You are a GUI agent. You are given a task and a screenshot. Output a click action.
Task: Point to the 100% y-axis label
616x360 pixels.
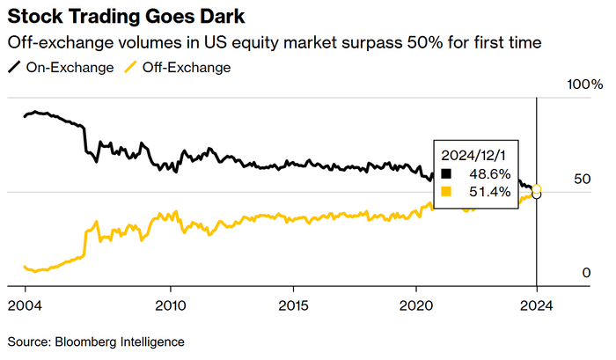(584, 85)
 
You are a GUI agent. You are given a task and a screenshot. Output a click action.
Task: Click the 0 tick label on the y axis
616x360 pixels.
(585, 273)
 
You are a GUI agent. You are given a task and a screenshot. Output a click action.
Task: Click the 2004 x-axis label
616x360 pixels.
(25, 306)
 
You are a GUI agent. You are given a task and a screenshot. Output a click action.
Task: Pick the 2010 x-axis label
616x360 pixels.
(171, 306)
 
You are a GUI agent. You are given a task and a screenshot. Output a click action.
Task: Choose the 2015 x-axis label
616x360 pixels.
(293, 306)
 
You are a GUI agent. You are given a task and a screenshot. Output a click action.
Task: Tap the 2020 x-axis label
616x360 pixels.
(415, 306)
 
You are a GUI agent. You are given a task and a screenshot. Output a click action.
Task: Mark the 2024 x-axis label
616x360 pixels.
(537, 306)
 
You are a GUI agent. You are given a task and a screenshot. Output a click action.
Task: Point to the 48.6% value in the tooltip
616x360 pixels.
(489, 173)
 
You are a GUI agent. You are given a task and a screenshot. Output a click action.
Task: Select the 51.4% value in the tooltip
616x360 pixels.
(489, 192)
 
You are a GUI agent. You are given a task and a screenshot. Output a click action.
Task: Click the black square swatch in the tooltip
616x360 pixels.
(446, 173)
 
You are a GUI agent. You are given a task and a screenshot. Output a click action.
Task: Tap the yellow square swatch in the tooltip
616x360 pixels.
(446, 192)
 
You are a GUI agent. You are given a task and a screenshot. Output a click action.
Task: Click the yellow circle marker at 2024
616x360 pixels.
(537, 189)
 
